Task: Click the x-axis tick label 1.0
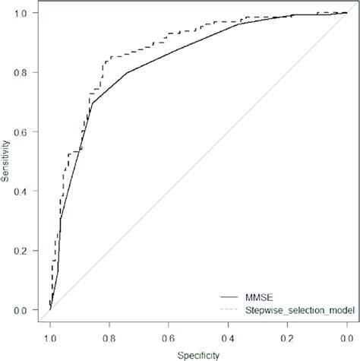point(50,335)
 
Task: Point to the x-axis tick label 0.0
point(346,335)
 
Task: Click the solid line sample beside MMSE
point(229,296)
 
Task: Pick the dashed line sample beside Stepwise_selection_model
point(229,309)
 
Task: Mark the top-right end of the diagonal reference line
point(346,14)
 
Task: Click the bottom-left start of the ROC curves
point(50,309)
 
